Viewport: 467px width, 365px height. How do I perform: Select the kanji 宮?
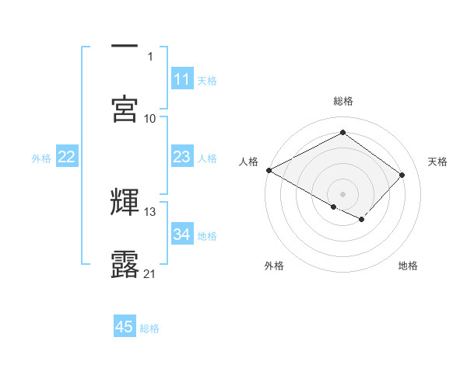[x=125, y=108]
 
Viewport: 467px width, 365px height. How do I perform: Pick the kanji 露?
[x=125, y=264]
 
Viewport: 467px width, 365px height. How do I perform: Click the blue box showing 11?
[x=181, y=79]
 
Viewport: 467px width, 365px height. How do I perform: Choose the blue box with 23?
[x=181, y=157]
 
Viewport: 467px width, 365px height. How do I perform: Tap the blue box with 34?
[x=181, y=234]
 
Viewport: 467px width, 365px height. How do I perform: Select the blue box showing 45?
[x=125, y=327]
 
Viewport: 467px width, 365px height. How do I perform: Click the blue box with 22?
[x=66, y=157]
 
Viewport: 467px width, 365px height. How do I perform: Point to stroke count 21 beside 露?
[x=150, y=273]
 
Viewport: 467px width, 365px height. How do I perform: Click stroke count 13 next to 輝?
[x=150, y=211]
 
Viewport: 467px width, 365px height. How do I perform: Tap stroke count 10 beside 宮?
[x=150, y=118]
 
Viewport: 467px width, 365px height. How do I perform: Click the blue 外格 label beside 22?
[x=41, y=158]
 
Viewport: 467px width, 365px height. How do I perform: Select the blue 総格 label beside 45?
[x=149, y=328]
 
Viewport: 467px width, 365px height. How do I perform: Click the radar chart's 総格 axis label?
[x=342, y=101]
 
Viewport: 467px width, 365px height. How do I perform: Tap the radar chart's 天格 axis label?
[x=437, y=162]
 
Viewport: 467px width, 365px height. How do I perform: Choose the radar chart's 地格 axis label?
[x=408, y=266]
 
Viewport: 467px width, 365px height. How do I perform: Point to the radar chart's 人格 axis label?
[x=248, y=162]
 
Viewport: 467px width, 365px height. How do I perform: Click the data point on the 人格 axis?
[x=269, y=170]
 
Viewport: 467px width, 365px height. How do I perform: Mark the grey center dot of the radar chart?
[x=342, y=193]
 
